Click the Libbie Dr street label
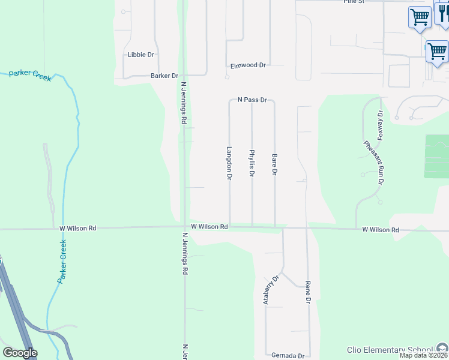click(x=141, y=55)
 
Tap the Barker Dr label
click(x=164, y=76)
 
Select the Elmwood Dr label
click(x=248, y=65)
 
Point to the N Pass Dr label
click(x=252, y=100)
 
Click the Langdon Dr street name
click(x=229, y=164)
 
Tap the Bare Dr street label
click(x=275, y=164)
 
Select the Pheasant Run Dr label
click(x=375, y=162)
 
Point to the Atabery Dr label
click(x=271, y=290)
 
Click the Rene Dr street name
click(x=308, y=292)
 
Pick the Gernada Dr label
click(x=288, y=355)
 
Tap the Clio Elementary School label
click(x=390, y=350)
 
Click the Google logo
click(x=20, y=353)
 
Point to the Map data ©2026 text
click(x=423, y=355)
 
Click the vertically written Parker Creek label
click(x=62, y=262)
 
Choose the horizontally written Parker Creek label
click(x=30, y=74)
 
